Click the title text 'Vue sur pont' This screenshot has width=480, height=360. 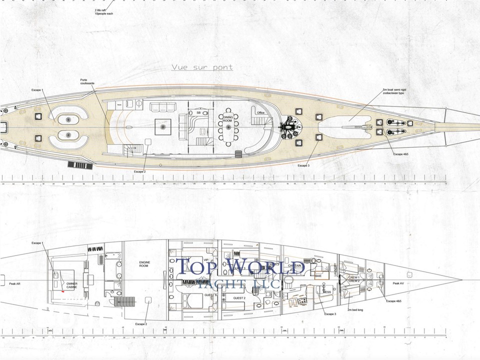pos(201,67)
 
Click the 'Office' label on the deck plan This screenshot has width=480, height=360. pos(260,113)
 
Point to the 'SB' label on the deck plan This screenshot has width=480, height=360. pos(198,113)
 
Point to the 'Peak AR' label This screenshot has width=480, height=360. pos(15,283)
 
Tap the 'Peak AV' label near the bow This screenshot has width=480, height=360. pos(398,283)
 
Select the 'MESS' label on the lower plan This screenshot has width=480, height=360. pos(327,292)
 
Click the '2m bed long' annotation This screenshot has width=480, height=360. pos(355,310)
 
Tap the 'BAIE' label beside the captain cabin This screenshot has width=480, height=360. pos(318,275)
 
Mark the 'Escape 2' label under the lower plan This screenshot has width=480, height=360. pos(141,324)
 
